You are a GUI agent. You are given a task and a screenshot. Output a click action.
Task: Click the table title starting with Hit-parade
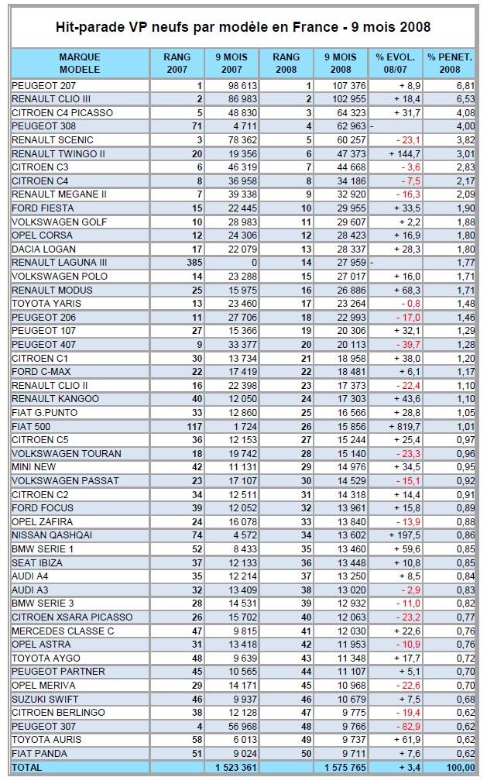[x=243, y=26]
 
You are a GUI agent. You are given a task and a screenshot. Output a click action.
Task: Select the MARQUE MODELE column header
[x=80, y=63]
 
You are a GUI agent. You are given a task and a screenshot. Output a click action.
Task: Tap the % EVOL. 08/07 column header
[x=395, y=63]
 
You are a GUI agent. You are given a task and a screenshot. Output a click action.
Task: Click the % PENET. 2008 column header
[x=450, y=63]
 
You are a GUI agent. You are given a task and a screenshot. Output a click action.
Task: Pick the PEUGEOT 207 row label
[x=43, y=85]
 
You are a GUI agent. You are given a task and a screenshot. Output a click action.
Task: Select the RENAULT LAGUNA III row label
[x=60, y=263]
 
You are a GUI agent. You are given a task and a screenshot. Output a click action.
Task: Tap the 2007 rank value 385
[x=194, y=263]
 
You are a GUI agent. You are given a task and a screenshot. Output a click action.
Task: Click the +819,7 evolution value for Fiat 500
[x=405, y=427]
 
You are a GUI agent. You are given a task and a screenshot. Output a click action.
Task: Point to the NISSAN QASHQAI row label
[x=52, y=535]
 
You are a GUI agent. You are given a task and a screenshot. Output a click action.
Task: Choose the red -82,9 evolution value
[x=408, y=726]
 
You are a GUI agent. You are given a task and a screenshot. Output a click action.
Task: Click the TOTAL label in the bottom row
[x=27, y=767]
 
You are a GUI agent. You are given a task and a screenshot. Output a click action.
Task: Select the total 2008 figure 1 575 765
[x=345, y=767]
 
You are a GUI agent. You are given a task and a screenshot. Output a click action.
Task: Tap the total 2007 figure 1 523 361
[x=236, y=767]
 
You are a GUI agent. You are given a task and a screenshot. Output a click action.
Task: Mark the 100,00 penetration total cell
[x=461, y=767]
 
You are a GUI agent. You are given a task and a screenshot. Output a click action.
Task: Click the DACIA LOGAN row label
[x=44, y=249]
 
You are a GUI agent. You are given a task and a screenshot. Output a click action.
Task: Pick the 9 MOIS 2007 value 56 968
[x=243, y=726]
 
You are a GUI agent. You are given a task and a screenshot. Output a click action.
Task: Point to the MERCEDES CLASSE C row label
[x=63, y=631]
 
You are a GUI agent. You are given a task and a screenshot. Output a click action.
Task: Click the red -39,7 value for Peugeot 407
[x=408, y=345]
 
